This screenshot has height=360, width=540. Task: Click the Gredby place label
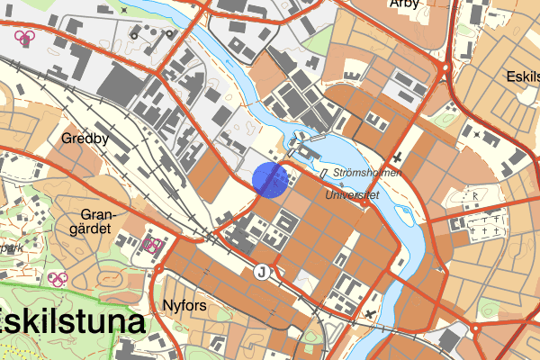coord(85,139)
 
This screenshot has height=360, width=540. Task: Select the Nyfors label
coord(186,305)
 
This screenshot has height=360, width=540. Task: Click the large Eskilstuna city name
coord(72,321)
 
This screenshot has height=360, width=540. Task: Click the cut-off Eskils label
coord(522,76)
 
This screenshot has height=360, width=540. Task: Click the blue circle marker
coord(270,179)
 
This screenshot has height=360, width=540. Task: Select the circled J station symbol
coord(262,272)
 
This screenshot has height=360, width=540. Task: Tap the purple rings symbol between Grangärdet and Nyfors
coord(152,245)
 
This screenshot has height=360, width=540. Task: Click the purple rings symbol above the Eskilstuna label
coord(58,279)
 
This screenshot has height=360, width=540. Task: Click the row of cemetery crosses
coord(487,230)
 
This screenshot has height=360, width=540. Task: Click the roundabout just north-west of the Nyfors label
coord(158,267)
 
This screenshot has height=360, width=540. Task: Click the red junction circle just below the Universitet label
coord(364,202)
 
